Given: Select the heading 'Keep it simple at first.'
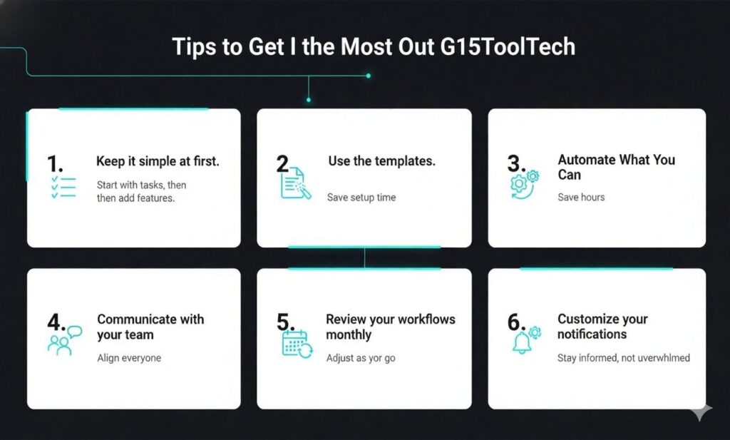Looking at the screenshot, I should click(158, 162).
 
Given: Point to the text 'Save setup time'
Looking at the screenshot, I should click(361, 197).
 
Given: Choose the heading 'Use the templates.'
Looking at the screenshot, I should click(381, 161).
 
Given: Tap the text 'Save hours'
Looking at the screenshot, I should click(581, 197).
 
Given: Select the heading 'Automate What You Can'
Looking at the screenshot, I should click(616, 167).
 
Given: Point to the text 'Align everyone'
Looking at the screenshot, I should click(129, 358).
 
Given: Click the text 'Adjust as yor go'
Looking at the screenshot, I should click(361, 357).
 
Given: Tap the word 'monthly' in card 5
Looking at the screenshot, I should click(349, 334).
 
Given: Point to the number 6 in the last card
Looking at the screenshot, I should click(515, 322).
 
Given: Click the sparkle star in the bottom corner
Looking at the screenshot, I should click(701, 412).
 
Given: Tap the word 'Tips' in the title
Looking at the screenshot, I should click(195, 47).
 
